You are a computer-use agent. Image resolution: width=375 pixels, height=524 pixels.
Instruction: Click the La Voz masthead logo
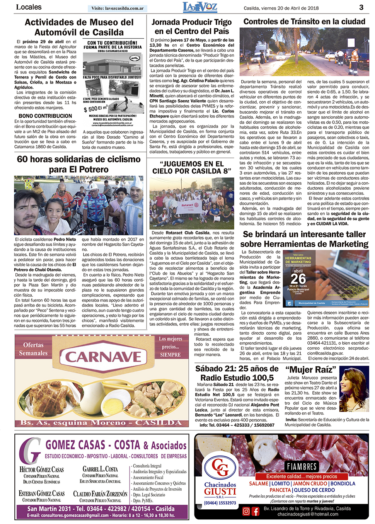[x=200, y=7]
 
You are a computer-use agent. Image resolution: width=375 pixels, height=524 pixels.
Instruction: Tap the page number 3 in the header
[x=361, y=7]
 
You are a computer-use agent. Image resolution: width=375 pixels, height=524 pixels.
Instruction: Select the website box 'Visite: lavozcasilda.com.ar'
[x=118, y=8]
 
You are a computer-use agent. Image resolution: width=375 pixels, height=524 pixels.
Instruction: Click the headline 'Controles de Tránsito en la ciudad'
[x=304, y=22]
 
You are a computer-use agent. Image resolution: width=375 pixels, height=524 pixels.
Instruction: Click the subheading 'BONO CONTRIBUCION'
[x=45, y=116]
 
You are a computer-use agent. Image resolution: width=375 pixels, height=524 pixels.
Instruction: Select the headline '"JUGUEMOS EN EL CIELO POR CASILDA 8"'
[x=192, y=167]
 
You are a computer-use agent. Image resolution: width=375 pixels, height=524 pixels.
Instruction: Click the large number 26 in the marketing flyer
[x=298, y=278]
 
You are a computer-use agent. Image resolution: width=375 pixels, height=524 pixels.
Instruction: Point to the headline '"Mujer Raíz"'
[x=311, y=369]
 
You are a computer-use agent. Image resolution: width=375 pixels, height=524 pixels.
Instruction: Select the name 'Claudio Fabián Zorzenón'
[x=100, y=493]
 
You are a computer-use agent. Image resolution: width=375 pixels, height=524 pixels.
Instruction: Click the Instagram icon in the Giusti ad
[x=246, y=511]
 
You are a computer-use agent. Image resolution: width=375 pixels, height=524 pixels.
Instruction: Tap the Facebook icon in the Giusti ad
[x=256, y=511]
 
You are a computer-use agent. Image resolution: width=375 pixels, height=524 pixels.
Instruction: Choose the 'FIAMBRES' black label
[x=302, y=466]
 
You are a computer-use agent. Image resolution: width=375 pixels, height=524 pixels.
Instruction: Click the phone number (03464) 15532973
[x=220, y=503]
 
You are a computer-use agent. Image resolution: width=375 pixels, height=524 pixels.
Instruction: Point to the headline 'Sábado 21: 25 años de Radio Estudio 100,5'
[x=237, y=373]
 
